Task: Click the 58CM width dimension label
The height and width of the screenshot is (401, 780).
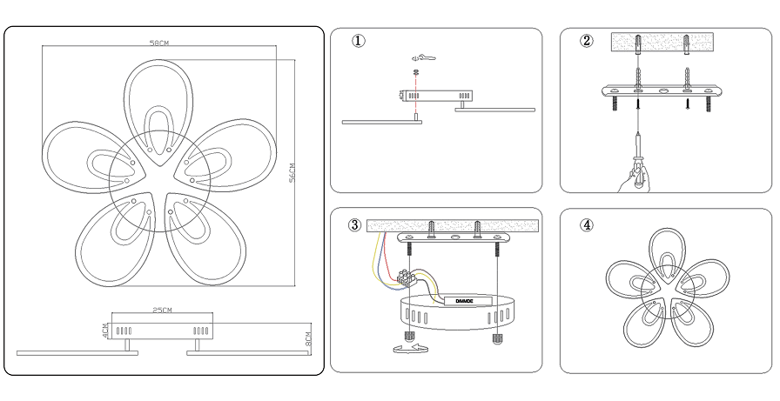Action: (x=158, y=43)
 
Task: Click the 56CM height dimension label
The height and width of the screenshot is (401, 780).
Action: (x=293, y=174)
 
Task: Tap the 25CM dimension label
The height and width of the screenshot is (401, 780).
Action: (x=161, y=311)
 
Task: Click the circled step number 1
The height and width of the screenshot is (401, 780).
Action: (x=358, y=41)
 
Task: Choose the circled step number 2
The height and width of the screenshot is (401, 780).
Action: (x=587, y=41)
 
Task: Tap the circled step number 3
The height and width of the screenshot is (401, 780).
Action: (x=354, y=224)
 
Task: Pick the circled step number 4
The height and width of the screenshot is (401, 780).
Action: (x=587, y=224)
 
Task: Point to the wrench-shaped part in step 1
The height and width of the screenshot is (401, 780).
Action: (x=422, y=58)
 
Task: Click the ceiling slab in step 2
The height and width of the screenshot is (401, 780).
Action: (x=665, y=43)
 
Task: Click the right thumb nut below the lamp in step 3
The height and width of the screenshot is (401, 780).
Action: (x=496, y=337)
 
